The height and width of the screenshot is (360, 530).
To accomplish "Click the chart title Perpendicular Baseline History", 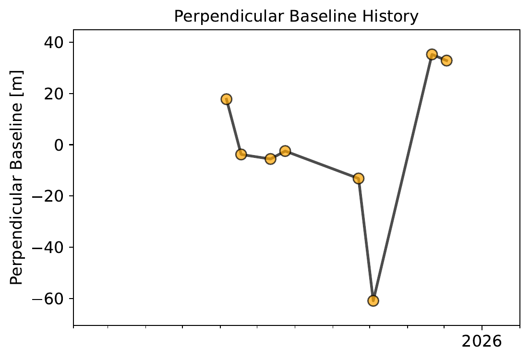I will point(296,16).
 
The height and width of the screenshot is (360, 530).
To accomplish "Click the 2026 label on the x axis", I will point(482,341).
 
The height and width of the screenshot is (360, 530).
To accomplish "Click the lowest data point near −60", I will point(373,301).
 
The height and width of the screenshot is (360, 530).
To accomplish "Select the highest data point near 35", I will point(432,54).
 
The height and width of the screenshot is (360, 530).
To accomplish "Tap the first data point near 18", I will point(227,99).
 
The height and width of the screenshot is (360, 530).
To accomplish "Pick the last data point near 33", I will point(446,60).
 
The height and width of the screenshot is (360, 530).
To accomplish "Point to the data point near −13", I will point(358,179).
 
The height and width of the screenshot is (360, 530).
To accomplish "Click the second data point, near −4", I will point(241,154).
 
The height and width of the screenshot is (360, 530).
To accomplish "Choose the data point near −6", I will point(270,159).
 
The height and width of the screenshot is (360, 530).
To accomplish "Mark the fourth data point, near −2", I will point(285,151).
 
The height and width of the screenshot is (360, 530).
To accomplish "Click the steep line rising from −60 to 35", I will point(402,178).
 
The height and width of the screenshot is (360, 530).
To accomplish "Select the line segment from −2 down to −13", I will point(322,165).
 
